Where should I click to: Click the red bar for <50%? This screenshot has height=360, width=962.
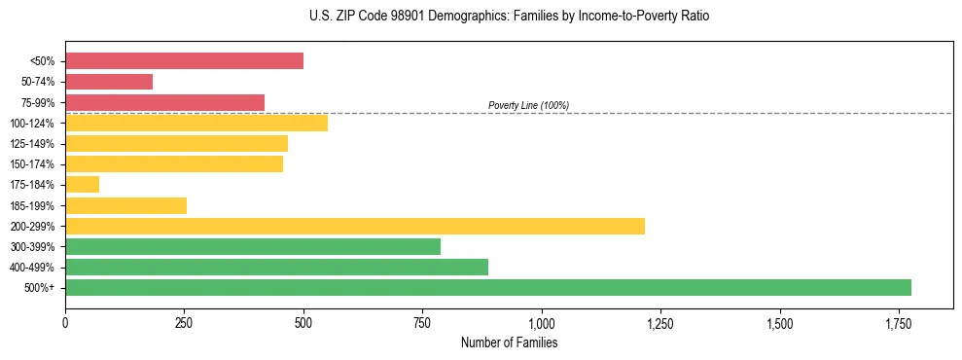(184, 61)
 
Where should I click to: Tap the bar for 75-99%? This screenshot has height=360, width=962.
(164, 102)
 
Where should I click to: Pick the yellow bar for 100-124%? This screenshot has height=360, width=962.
(196, 123)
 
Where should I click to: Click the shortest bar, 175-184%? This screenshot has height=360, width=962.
(82, 184)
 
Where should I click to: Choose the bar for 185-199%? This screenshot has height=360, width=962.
(125, 205)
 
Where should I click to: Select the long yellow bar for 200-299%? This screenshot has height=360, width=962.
(355, 226)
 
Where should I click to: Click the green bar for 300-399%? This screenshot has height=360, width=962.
(253, 246)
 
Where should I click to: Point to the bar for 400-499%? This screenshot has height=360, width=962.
(276, 267)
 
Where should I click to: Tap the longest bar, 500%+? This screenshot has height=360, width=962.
(488, 287)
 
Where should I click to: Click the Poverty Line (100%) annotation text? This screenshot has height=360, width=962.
(528, 105)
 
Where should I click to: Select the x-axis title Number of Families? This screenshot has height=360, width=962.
(509, 342)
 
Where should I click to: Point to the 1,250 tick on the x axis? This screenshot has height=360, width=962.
(660, 322)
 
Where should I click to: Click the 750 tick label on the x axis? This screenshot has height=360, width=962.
(422, 322)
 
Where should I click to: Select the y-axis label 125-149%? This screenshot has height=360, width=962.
(32, 144)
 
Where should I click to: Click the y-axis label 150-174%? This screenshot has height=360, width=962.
(32, 164)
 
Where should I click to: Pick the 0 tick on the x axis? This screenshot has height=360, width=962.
(65, 322)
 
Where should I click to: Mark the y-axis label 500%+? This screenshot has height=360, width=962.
(40, 288)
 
